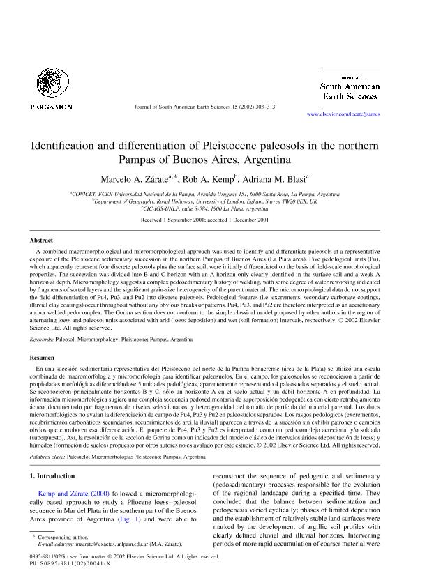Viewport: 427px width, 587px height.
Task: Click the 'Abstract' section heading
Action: click(40, 239)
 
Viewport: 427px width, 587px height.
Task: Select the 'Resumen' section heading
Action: click(42, 356)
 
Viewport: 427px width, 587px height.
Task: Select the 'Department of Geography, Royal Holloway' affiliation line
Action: click(214, 201)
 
